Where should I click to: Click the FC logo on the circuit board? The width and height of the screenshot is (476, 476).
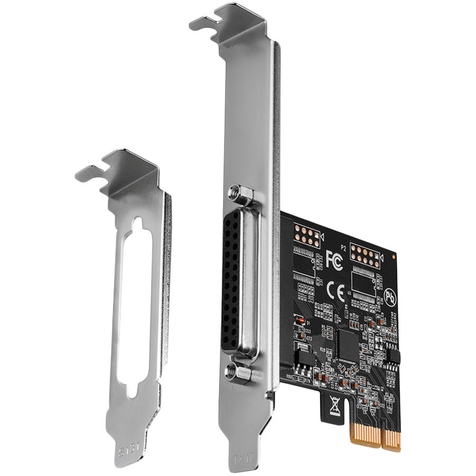[334, 260]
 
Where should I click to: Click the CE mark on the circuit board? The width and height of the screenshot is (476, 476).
[336, 290]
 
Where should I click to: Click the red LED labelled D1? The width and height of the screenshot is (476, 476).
[299, 321]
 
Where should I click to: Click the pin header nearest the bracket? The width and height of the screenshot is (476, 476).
[305, 234]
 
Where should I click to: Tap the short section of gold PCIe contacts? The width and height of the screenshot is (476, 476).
[392, 438]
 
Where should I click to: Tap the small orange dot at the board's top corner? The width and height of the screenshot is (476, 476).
[394, 255]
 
